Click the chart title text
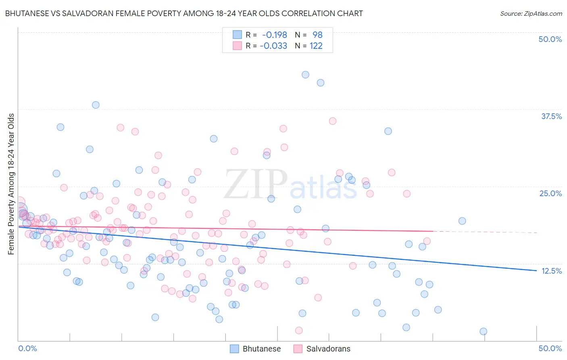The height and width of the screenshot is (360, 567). click(184, 13)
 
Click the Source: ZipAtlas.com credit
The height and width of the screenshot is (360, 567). click(531, 13)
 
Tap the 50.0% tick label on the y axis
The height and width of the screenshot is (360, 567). click(550, 39)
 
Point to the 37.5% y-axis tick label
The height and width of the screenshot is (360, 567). click(551, 116)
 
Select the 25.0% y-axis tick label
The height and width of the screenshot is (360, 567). click(550, 193)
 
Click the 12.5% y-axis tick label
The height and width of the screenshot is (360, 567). click(551, 271)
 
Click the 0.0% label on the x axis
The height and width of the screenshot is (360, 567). click(27, 348)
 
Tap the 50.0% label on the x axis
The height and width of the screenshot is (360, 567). click(550, 348)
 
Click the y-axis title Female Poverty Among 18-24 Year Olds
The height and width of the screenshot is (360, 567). click(11, 184)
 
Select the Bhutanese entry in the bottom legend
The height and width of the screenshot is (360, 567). click(261, 349)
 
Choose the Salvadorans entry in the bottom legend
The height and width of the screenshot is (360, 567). click(328, 349)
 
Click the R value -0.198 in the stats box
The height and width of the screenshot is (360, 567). click(274, 35)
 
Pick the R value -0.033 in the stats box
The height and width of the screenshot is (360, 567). click(273, 46)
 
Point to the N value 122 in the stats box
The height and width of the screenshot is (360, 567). click(316, 46)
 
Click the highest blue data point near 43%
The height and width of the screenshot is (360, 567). click(305, 75)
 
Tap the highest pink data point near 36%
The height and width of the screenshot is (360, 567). click(333, 121)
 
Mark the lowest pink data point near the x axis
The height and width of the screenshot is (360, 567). click(299, 331)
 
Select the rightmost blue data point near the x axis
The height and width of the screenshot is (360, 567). click(483, 331)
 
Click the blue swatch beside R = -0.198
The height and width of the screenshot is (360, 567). click(237, 35)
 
